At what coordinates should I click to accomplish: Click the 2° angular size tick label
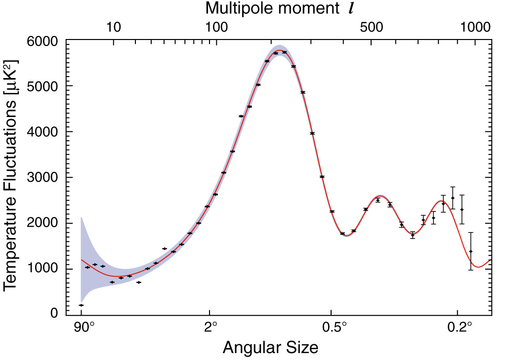pos(211,328)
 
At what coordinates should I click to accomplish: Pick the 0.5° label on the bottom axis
pos(332,328)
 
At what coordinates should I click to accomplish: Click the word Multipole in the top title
pos(238,8)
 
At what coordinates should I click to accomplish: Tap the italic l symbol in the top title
pos(351,8)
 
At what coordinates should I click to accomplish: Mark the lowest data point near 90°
pos(81,305)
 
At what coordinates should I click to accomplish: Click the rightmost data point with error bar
pos(471,251)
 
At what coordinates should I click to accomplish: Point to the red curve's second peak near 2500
pos(379,197)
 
